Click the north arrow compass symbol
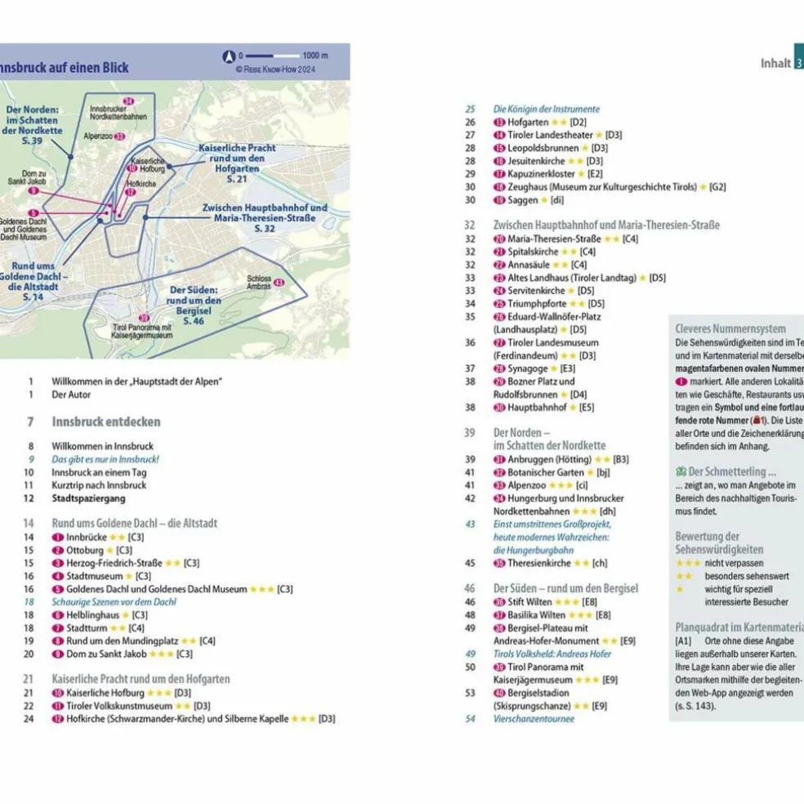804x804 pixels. click(229, 56)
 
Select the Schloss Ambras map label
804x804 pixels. click(258, 282)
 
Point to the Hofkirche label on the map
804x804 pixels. click(142, 184)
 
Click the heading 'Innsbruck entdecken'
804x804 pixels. click(106, 422)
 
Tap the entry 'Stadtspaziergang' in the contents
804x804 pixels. click(89, 498)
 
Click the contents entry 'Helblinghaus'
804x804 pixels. click(92, 614)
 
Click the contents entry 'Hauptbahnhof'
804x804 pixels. click(537, 407)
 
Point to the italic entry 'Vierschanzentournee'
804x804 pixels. click(534, 718)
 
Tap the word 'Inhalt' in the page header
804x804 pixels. click(775, 63)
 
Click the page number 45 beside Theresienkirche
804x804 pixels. click(470, 563)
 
